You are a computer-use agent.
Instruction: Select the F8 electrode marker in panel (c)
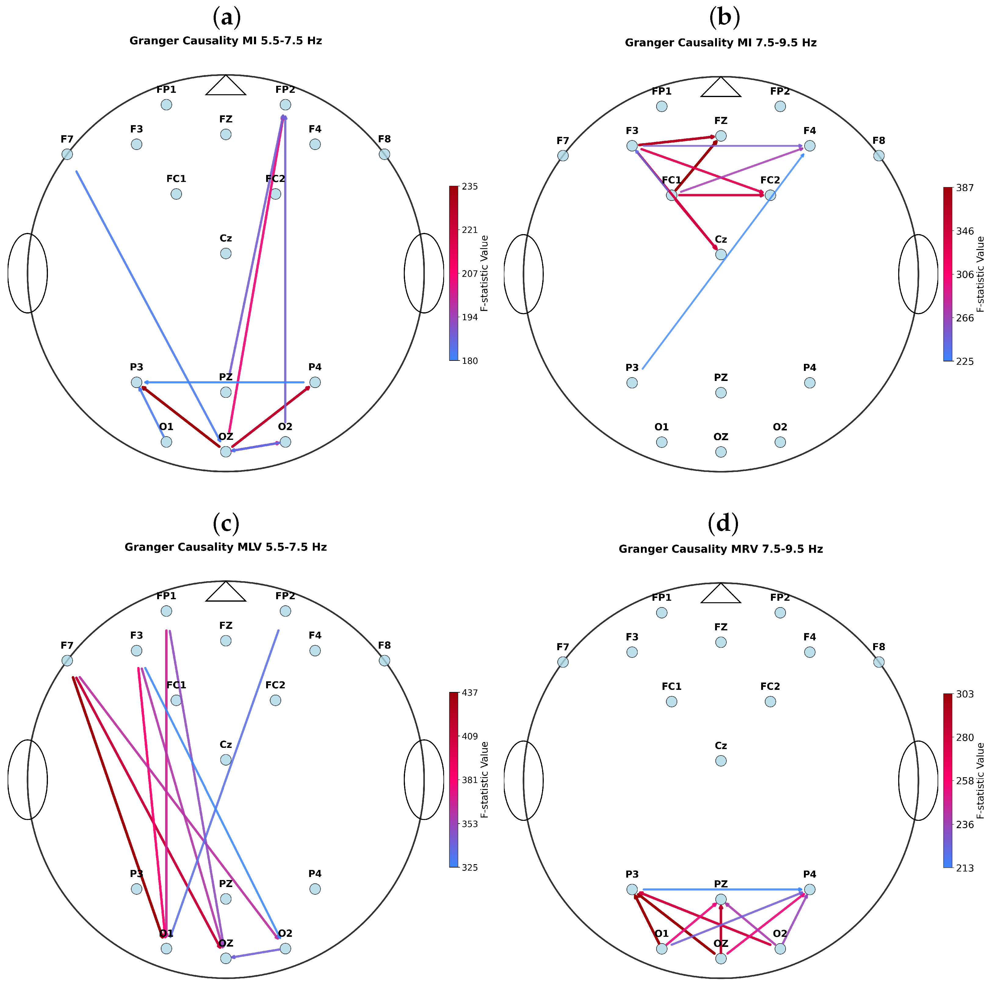pyautogui.click(x=384, y=661)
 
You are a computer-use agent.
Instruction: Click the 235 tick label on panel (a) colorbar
pyautogui.click(x=469, y=187)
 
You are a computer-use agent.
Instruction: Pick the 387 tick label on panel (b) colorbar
pyautogui.click(x=965, y=188)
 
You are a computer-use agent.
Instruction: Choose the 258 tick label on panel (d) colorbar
pyautogui.click(x=965, y=781)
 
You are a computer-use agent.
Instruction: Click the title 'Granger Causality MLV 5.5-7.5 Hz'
pyautogui.click(x=226, y=547)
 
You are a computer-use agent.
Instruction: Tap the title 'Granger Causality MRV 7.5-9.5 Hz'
pyautogui.click(x=721, y=549)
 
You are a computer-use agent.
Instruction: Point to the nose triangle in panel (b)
pyautogui.click(x=721, y=88)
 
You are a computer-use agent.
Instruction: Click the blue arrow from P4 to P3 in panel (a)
pyautogui.click(x=226, y=382)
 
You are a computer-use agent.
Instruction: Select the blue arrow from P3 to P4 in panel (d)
pyautogui.click(x=721, y=889)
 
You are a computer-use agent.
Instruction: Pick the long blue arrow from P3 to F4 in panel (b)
pyautogui.click(x=718, y=267)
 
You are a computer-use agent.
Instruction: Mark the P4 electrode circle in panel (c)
pyautogui.click(x=315, y=889)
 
